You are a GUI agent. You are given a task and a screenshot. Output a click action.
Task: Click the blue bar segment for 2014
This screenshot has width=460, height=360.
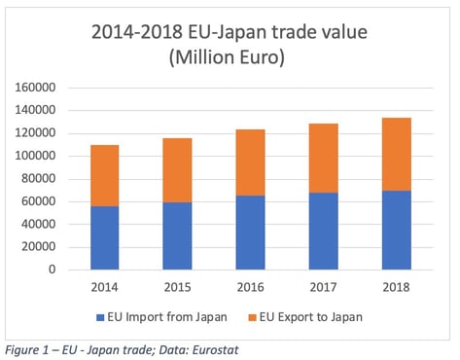pyautogui.click(x=104, y=237)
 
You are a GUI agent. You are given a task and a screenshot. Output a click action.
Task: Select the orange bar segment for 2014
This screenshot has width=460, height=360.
pyautogui.click(x=104, y=175)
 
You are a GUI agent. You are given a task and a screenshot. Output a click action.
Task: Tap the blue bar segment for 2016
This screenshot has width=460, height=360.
pyautogui.click(x=250, y=233)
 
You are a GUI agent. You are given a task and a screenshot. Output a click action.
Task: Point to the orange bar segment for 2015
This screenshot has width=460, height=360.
pyautogui.click(x=177, y=170)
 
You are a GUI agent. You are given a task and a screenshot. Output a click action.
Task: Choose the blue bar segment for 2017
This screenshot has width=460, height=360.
pyautogui.click(x=323, y=232)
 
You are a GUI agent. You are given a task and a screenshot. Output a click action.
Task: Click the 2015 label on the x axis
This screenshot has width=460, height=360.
pyautogui.click(x=177, y=288)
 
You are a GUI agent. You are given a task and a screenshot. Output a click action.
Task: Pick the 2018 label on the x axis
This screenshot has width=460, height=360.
pyautogui.click(x=396, y=288)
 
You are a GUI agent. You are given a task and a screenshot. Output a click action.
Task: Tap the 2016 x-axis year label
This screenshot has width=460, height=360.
pyautogui.click(x=250, y=288)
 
